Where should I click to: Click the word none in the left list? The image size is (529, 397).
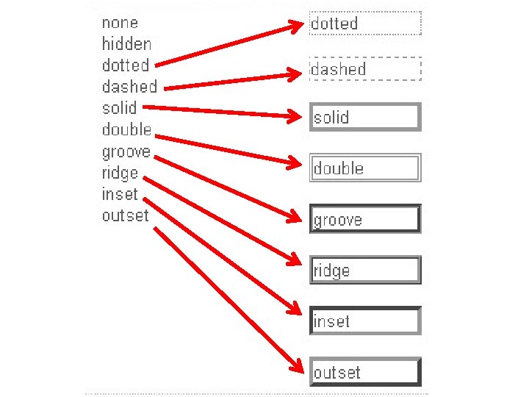(120, 23)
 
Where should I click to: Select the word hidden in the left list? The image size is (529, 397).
(126, 44)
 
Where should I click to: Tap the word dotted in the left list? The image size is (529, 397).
(126, 65)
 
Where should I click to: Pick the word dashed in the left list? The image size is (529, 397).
(129, 87)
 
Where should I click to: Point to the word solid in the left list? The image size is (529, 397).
(119, 108)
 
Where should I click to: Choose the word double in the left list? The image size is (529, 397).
(126, 130)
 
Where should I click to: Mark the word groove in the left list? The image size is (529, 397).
(126, 152)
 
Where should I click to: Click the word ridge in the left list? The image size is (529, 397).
(120, 174)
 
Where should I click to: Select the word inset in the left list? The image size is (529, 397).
(120, 194)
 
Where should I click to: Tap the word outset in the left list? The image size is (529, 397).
(125, 215)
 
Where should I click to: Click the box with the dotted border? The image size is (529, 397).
(365, 24)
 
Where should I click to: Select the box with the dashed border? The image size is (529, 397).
(365, 69)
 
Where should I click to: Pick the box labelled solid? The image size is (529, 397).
(365, 117)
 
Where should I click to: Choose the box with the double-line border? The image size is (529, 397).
(365, 168)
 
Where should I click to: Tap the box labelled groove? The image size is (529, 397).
(365, 219)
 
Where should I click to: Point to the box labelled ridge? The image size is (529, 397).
(365, 270)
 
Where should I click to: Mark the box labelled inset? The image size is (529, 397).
(365, 321)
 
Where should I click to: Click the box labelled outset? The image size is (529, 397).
(365, 372)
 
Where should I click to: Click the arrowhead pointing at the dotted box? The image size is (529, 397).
(298, 27)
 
